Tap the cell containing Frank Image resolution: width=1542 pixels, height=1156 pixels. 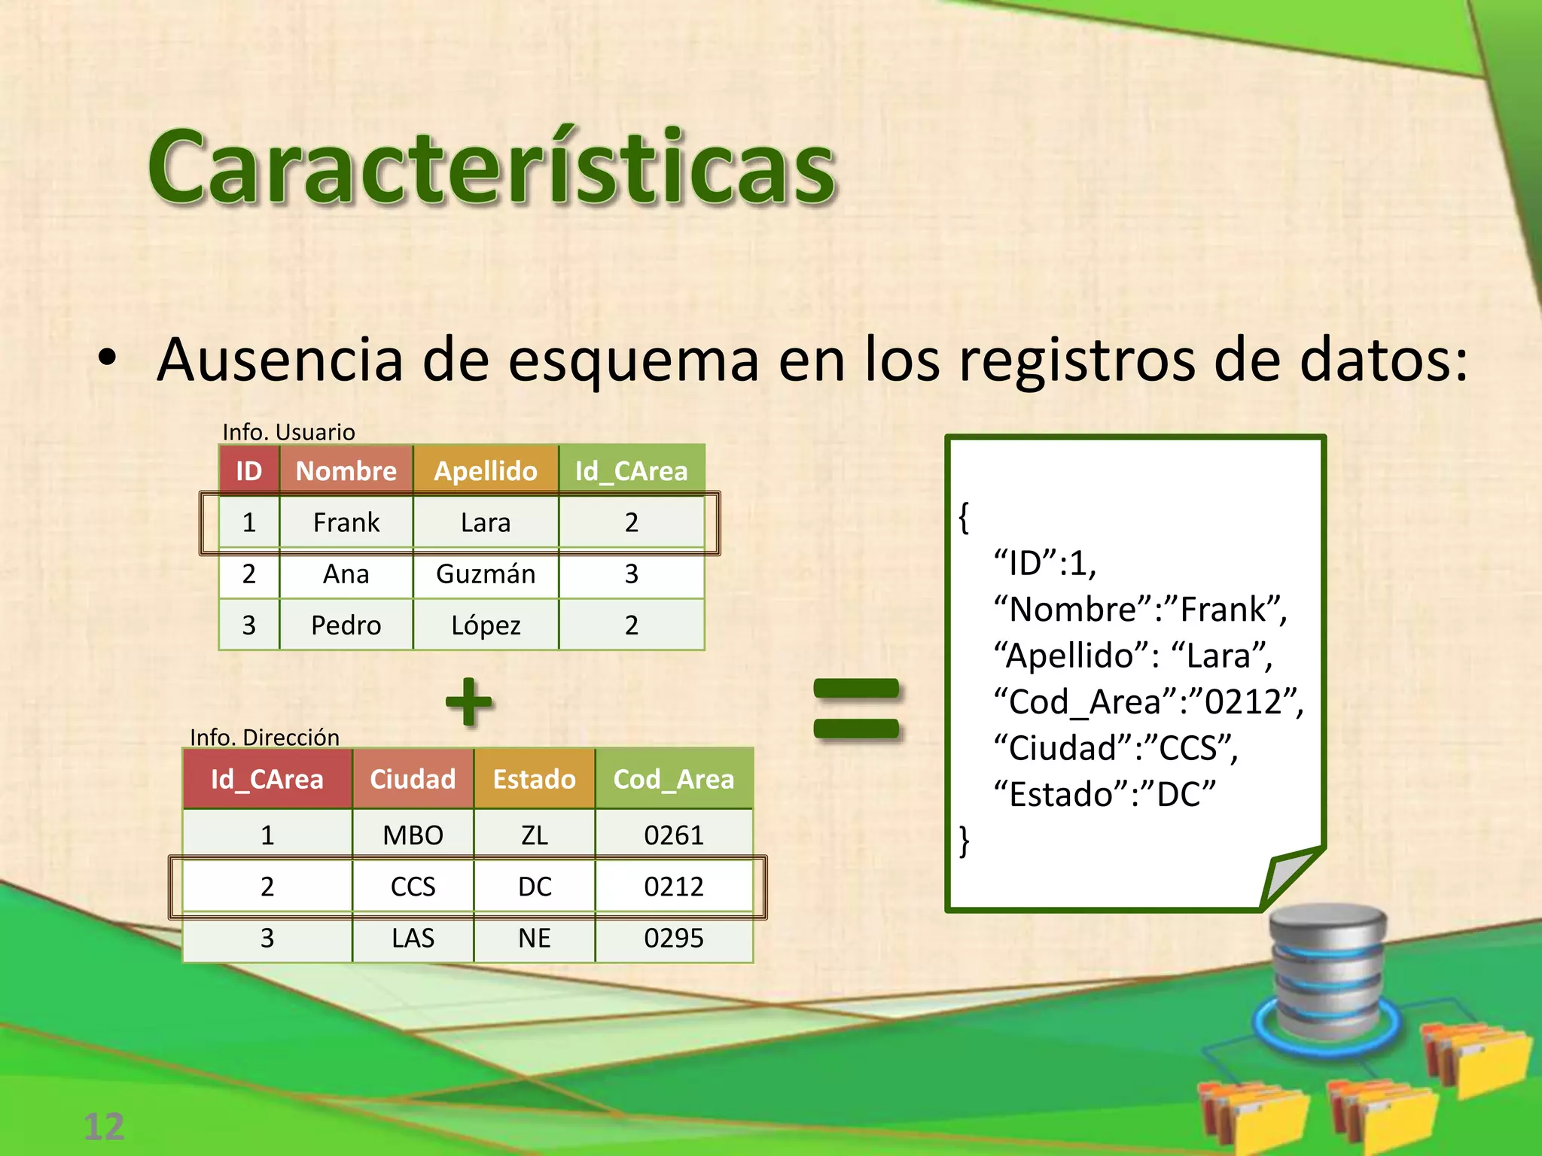coord(346,522)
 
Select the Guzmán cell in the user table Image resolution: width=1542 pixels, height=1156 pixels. coord(486,574)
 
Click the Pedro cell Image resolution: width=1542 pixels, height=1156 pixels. coord(346,625)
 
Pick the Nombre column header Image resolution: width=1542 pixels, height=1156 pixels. coord(346,471)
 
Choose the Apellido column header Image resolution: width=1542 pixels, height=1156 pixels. coord(486,471)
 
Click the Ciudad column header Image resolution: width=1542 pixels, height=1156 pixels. coord(413,779)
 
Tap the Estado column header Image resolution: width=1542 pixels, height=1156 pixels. coord(534,779)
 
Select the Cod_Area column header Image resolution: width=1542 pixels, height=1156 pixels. coord(674,779)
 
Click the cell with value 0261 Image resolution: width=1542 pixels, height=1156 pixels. coord(674,835)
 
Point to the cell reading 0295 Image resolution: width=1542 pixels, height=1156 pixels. coord(674,938)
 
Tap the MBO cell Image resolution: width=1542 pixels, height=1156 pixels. coord(413,835)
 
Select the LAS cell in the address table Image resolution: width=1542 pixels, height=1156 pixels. coord(413,938)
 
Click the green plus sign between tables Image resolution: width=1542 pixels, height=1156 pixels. coord(469,701)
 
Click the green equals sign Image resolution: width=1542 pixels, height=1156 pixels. coord(857,708)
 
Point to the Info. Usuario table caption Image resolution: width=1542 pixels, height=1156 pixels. coord(288,432)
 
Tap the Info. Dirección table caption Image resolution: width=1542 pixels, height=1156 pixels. coord(264,737)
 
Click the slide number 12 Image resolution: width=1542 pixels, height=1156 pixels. coord(104,1127)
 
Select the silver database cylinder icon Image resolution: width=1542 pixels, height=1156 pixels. coord(1327,971)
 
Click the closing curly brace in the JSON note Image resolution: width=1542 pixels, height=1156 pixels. coord(965,841)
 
